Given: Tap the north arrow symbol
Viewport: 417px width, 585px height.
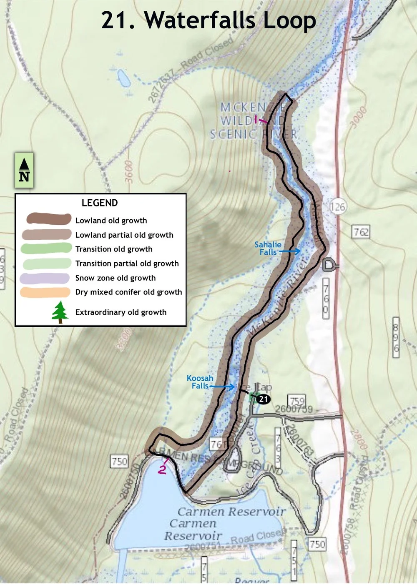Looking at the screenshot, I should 24,171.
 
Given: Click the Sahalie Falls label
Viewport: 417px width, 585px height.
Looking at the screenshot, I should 268,248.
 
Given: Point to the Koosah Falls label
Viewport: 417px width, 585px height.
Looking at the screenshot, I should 200,382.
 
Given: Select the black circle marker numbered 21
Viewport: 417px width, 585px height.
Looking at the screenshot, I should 263,399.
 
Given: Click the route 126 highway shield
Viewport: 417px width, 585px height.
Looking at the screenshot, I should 337,206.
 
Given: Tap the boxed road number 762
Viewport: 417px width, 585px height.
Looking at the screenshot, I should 361,232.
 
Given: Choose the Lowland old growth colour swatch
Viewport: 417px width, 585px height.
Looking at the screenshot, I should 49,219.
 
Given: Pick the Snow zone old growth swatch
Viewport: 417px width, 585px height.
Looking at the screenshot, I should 45,278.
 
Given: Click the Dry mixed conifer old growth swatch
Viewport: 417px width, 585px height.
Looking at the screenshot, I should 45,292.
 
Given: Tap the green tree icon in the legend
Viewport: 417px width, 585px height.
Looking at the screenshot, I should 60,312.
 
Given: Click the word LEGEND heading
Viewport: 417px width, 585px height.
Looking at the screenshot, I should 100,203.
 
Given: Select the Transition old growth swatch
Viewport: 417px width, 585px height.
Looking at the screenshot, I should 46,249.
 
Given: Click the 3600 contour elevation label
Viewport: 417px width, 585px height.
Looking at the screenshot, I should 128,171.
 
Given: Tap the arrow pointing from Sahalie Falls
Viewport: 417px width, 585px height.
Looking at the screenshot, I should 290,251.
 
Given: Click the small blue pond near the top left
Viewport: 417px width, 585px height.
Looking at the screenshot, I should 123,78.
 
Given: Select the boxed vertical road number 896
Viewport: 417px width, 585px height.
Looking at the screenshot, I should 396,337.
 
